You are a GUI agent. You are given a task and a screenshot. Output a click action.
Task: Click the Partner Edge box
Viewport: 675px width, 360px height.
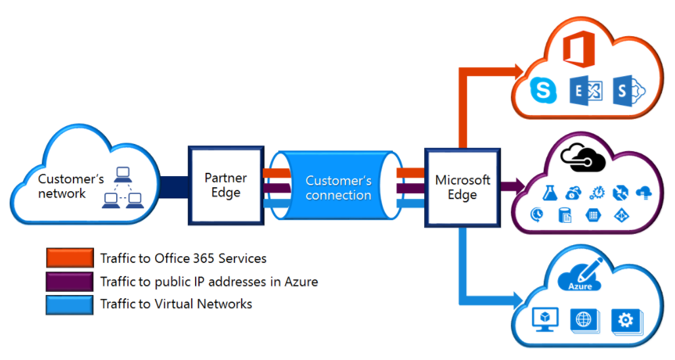226,185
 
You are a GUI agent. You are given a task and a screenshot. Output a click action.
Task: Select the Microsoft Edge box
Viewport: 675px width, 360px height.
462,187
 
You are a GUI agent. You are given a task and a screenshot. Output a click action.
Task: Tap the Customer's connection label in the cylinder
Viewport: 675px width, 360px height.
339,187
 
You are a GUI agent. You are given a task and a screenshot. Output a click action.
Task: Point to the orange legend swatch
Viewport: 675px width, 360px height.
70,258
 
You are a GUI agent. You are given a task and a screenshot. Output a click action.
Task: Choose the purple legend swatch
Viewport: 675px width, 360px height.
70,281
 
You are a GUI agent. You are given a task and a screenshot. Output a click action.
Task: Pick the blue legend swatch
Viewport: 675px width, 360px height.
70,304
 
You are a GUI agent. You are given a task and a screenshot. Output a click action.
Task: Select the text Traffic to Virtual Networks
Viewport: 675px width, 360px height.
176,304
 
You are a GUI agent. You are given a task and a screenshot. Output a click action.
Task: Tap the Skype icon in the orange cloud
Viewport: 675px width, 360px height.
543,91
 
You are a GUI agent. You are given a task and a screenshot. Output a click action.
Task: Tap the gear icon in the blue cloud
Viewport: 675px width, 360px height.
625,321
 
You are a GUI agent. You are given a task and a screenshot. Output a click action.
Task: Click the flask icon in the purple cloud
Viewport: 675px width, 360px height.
550,193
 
